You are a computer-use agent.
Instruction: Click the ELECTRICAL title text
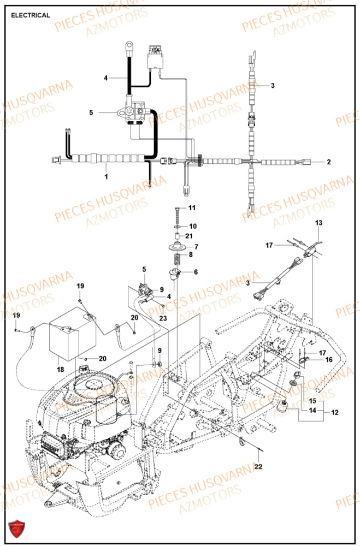(x=30, y=15)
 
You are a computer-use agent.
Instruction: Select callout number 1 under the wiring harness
(x=107, y=176)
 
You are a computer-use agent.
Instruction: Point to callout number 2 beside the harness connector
(x=329, y=162)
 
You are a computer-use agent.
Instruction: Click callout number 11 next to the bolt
(x=192, y=208)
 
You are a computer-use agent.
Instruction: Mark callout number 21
(x=189, y=236)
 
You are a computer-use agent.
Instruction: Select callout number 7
(x=196, y=246)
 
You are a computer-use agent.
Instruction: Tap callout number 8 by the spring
(x=191, y=254)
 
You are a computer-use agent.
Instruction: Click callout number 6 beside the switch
(x=196, y=272)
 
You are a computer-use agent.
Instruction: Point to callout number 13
(x=318, y=223)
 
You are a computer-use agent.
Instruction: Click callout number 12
(x=334, y=413)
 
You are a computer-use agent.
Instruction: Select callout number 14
(x=311, y=410)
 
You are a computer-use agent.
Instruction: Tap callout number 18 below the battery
(x=60, y=370)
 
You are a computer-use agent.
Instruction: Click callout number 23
(x=163, y=318)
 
